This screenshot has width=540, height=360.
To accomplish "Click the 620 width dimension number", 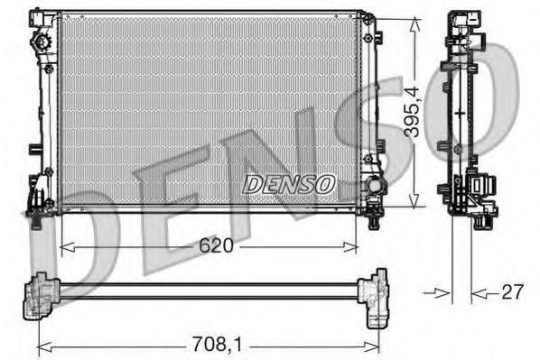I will (x=216, y=245).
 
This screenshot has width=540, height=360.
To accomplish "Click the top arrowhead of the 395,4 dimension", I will (x=413, y=22).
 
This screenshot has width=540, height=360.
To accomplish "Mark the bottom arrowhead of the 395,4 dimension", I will (x=413, y=205).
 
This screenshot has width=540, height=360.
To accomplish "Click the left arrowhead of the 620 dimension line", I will (x=63, y=245).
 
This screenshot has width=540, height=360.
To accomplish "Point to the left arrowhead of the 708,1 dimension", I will (x=42, y=345).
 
